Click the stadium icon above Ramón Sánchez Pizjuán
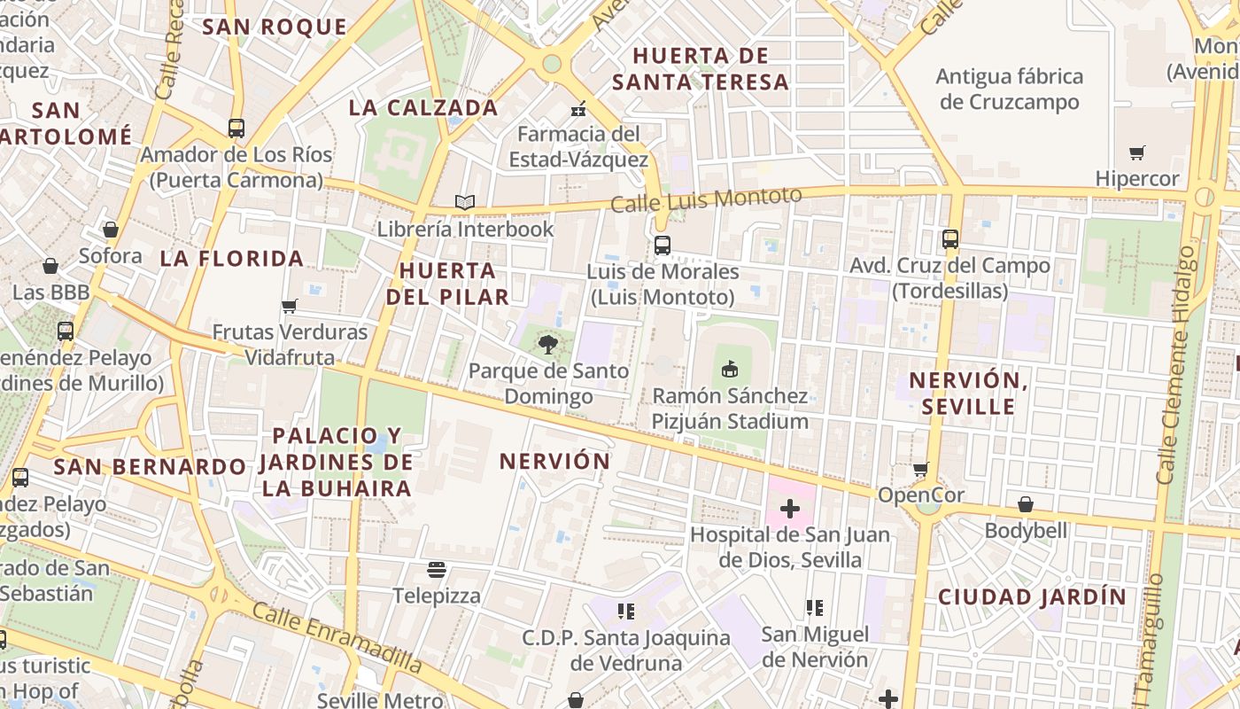(x=730, y=369)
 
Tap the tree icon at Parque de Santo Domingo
(x=548, y=344)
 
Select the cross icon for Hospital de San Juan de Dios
(x=789, y=509)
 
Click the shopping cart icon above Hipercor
(x=1137, y=152)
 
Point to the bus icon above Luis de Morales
(x=663, y=245)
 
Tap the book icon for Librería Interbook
(x=465, y=202)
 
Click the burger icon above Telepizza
(x=436, y=569)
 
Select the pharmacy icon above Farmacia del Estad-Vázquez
(x=578, y=109)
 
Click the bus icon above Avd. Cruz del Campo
(x=950, y=239)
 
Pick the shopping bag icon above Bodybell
(x=1025, y=504)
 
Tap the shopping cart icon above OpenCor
(x=921, y=469)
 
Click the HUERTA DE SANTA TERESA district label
(x=700, y=69)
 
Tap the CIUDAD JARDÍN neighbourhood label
(x=1032, y=596)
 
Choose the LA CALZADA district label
(x=423, y=108)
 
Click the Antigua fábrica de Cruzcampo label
(x=1009, y=89)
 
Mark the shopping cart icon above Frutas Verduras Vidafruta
(x=289, y=307)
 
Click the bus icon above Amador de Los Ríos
(x=236, y=129)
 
